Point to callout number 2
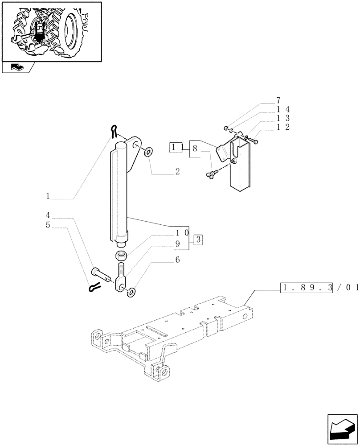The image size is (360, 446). [177, 172]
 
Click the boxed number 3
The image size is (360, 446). [198, 240]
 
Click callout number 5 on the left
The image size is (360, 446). [48, 225]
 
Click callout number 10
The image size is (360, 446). [182, 233]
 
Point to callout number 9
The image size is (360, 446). [177, 244]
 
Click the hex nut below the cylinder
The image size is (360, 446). [120, 256]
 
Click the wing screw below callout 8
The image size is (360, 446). [211, 173]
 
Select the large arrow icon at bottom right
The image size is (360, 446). [342, 429]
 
